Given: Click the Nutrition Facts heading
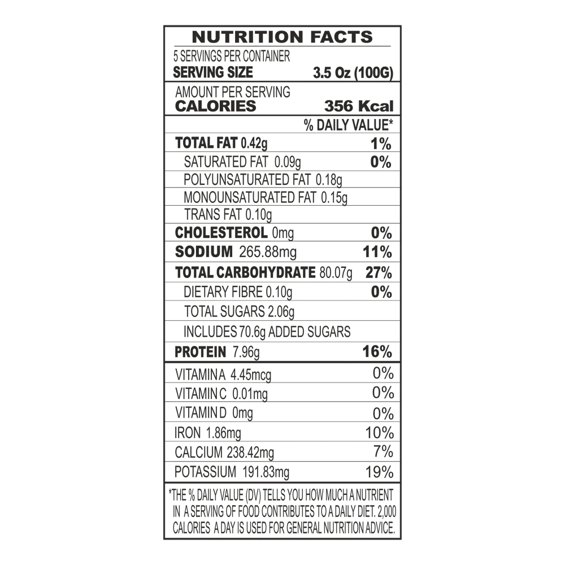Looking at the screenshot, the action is pos(282,37).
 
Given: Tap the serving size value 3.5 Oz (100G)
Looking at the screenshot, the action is pos(353,73).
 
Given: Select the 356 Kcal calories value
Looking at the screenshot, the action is pos(359,106).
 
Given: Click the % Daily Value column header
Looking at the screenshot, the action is pos(348,125).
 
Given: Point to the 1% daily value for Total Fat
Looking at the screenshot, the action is pos(381,144).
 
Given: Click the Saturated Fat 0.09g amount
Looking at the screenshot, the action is pos(288,163).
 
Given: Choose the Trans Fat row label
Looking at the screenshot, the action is pos(212,214).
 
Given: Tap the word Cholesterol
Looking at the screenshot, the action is pos(221,233).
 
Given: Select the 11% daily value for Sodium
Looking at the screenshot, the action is pos(377,252).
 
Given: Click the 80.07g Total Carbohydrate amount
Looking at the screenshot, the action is pos(336,273).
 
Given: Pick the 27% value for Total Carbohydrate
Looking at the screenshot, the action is pos(379,273).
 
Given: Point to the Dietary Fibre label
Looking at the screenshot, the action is pos(223,292).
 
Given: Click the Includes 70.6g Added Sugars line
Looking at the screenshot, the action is pos(267,332).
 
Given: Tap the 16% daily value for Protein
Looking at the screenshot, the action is pos(377,351).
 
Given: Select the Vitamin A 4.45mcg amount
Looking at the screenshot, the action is pos(251,375).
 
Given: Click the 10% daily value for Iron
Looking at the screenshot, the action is pos(380,433).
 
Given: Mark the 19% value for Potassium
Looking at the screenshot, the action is pos(380,472).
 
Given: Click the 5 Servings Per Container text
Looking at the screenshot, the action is pos(232,56).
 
